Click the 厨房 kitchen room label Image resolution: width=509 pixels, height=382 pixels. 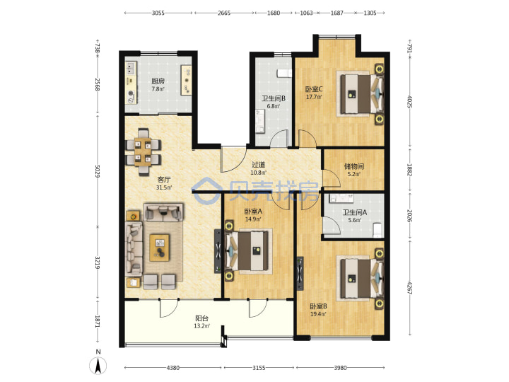tap(158, 81)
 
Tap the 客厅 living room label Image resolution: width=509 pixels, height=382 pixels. tap(163, 179)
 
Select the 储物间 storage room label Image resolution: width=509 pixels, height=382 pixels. tap(354, 166)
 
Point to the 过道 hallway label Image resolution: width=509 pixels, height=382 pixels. tap(259, 165)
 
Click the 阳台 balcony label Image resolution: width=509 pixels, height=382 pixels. tap(201, 318)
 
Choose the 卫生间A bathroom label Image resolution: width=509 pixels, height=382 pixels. tap(355, 212)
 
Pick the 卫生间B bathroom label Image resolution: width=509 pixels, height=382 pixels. tap(274, 98)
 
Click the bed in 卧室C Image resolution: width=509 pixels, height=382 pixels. tap(360, 94)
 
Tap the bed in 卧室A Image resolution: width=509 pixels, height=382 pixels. tap(248, 251)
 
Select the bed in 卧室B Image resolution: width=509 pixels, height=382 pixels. tap(360, 279)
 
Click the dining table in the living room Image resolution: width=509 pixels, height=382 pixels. tap(143, 152)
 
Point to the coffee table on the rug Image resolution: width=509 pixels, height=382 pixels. tap(159, 248)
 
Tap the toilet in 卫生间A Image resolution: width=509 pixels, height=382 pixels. tap(378, 230)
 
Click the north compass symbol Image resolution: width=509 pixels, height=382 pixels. tap(98, 364)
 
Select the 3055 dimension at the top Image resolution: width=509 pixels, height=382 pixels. tap(158, 13)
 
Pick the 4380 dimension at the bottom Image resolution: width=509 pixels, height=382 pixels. tap(172, 368)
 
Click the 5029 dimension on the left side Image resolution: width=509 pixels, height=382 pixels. tap(98, 171)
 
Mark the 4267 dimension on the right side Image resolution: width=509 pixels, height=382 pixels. tap(409, 288)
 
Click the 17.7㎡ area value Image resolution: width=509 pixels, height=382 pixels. tap(314, 97)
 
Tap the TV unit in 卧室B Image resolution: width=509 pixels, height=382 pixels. tap(300, 274)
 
